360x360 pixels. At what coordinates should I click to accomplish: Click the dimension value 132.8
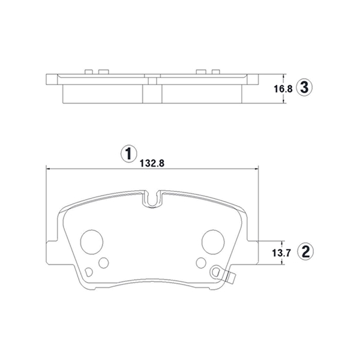[x=152, y=163]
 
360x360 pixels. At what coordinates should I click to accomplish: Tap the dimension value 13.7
[x=281, y=253]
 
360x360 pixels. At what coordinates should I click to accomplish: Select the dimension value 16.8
[x=283, y=89]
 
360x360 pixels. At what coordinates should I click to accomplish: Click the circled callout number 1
[x=129, y=154]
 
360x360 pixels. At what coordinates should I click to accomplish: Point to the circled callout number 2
[x=305, y=251]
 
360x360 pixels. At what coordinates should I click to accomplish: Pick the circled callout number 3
[x=304, y=88]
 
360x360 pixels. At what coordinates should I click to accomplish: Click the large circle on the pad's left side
[x=92, y=242]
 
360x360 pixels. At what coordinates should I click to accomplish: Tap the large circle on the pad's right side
[x=213, y=242]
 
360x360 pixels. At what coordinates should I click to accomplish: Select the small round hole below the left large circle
[x=104, y=263]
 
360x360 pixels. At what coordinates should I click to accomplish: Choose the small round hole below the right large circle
[x=202, y=263]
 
